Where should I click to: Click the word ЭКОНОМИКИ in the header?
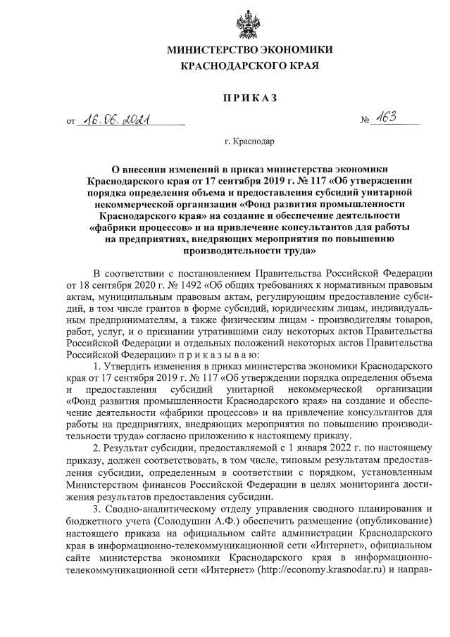(295, 49)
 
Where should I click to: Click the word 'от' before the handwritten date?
(70, 121)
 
